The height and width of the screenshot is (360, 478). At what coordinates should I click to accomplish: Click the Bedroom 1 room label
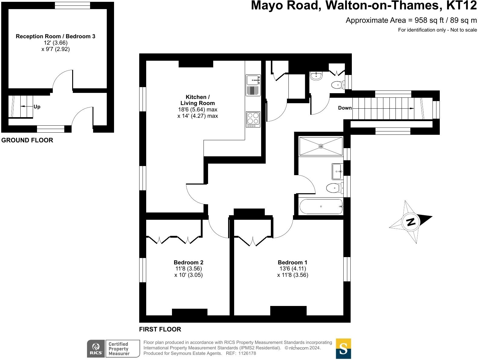[x=292, y=263]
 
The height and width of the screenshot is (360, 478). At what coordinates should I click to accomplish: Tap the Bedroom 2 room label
[x=188, y=263]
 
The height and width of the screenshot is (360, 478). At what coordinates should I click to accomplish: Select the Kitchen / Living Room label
[x=197, y=100]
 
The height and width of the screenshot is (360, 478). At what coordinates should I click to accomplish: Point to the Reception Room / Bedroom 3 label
[x=56, y=36]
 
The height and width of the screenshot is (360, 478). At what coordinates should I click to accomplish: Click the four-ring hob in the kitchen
[x=253, y=120]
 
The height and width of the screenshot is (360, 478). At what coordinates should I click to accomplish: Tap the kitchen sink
[x=253, y=80]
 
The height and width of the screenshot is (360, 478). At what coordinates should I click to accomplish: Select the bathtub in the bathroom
[x=321, y=206]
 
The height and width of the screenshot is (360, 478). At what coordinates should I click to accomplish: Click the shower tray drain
[x=321, y=146]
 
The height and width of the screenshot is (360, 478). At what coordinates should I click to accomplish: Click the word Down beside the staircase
[x=345, y=108]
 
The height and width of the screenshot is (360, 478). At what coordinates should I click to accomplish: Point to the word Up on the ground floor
[x=37, y=107]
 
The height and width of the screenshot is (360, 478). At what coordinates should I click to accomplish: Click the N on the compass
[x=411, y=222]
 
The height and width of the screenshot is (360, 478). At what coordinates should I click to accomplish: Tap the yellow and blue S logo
[x=343, y=348]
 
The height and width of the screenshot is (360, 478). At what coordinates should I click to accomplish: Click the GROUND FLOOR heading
[x=27, y=140]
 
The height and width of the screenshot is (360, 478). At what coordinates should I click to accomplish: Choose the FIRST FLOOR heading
[x=160, y=329]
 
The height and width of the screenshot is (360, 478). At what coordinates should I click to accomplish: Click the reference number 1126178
[x=247, y=353]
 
